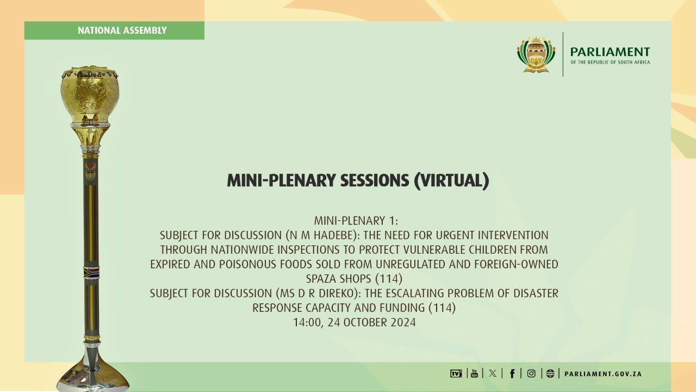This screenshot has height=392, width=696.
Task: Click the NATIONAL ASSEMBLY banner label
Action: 122,30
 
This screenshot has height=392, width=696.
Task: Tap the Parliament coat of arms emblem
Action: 536,54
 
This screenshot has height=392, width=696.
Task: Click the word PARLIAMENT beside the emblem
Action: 610,52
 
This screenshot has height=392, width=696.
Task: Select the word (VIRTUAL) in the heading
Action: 451,181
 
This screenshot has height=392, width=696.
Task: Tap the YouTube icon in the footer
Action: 474,373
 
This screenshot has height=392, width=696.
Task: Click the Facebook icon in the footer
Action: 512,373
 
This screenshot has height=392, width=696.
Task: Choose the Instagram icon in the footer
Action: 531,373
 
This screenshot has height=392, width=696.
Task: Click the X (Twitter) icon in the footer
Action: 493,373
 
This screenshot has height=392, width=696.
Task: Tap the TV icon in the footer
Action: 456,373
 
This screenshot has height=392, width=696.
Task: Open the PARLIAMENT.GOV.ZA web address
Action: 603,374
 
